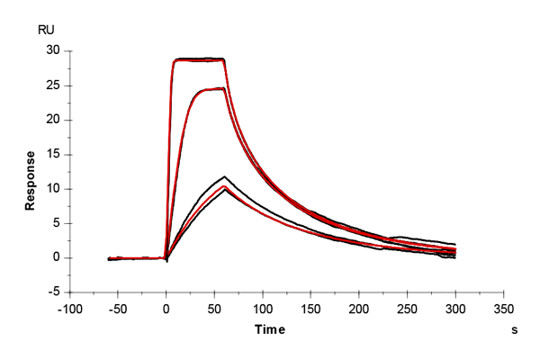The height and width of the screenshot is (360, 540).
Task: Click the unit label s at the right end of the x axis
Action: click(515, 330)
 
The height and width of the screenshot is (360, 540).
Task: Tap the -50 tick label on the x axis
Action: click(118, 307)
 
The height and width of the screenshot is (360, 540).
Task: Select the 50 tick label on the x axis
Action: click(214, 307)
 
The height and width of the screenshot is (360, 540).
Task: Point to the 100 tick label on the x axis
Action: click(263, 307)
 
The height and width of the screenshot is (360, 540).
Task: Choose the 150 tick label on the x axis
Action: click(310, 307)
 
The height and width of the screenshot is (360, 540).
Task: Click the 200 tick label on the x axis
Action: click(359, 307)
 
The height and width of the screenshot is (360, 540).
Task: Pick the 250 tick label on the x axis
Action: click(408, 307)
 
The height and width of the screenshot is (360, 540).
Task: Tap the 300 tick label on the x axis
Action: click(455, 307)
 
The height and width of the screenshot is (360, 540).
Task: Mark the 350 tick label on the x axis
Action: click(504, 307)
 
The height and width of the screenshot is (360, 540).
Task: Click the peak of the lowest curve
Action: click(224, 189)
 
